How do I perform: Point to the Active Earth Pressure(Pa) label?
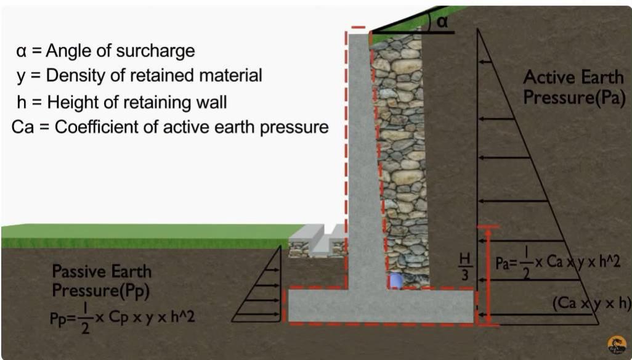coord(574,87)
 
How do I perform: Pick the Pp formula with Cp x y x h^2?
coord(122,319)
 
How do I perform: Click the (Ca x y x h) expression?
coord(591,303)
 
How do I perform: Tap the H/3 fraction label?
coord(464,267)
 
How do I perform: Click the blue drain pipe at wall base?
coord(395,280)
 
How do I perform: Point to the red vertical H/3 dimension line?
coord(488,276)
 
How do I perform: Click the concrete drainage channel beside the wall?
coord(318,241)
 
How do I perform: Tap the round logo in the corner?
coord(617,345)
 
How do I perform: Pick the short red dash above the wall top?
coord(359,27)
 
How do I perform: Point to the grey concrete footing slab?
coord(381,306)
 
